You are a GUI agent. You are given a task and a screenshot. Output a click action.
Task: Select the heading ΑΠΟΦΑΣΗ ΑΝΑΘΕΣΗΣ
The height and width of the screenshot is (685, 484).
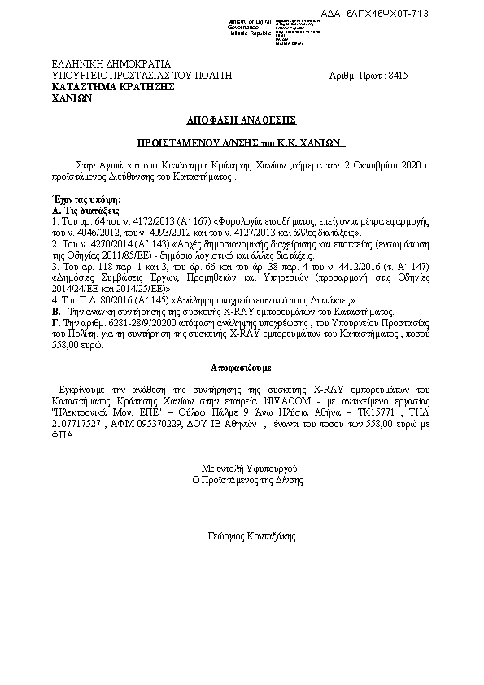(241, 119)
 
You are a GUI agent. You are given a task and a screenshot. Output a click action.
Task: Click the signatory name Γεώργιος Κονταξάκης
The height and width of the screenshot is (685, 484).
(252, 537)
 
